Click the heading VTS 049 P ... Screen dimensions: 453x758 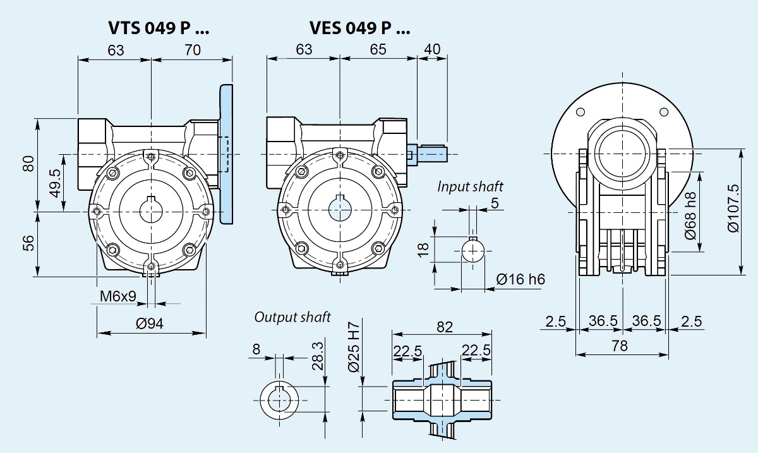[159, 28]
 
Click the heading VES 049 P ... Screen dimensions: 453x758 [359, 28]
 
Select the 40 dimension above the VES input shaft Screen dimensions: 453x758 [433, 50]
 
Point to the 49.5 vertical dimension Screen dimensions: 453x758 [55, 183]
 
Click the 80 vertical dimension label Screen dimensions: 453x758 [28, 164]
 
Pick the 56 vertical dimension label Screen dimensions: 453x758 [28, 244]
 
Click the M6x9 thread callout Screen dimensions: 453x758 [117, 296]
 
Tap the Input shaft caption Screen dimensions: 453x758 [471, 186]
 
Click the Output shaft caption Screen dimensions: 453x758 [292, 317]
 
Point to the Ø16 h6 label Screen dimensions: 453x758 [520, 279]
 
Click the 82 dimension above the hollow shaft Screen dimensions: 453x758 [445, 327]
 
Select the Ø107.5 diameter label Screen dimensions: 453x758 [733, 208]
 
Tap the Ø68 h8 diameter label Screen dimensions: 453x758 [691, 215]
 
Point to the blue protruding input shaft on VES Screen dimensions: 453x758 [430, 153]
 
